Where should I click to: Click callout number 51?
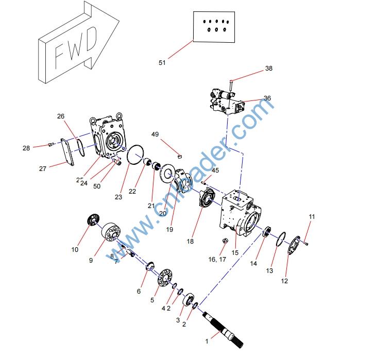pyautogui.click(x=162, y=62)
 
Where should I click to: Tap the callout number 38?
pyautogui.click(x=268, y=68)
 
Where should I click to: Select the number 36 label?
pyautogui.click(x=267, y=98)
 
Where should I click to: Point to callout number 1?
pyautogui.click(x=208, y=341)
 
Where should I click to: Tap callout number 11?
pyautogui.click(x=311, y=217)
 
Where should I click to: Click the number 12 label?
pyautogui.click(x=284, y=281)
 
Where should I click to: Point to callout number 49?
pyautogui.click(x=155, y=134)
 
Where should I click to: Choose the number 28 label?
pyautogui.click(x=26, y=148)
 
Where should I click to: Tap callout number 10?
pyautogui.click(x=75, y=250)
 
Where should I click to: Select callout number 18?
pyautogui.click(x=190, y=241)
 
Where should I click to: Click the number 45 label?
pyautogui.click(x=215, y=170)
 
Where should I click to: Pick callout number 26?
pyautogui.click(x=61, y=116)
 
